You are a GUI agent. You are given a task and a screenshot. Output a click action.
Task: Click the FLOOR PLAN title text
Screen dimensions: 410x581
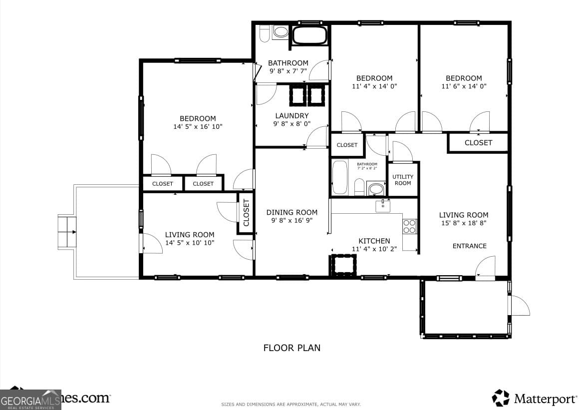click(x=291, y=348)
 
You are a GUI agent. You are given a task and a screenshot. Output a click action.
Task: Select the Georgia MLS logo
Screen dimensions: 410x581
click(x=30, y=400)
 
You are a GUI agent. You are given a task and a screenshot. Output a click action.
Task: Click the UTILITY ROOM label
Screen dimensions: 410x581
click(x=403, y=180)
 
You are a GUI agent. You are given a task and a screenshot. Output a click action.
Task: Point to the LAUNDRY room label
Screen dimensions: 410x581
click(x=291, y=116)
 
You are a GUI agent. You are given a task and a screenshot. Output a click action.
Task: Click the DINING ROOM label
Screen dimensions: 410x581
click(x=291, y=212)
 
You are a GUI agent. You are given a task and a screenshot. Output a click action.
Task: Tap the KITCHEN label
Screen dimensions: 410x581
click(x=374, y=241)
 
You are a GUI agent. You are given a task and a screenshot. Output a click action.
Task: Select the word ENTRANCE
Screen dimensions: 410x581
click(x=469, y=246)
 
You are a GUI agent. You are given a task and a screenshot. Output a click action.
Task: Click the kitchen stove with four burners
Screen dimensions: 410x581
click(x=410, y=226)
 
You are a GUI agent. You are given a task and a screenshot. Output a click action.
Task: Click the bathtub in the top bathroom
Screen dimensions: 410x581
click(x=309, y=35)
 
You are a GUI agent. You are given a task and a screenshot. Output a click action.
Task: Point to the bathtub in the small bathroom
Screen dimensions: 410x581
click(x=340, y=177)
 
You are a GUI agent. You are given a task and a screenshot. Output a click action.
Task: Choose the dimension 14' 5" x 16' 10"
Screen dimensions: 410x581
click(x=198, y=127)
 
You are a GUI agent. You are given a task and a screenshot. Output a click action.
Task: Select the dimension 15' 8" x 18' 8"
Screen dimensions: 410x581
click(x=463, y=223)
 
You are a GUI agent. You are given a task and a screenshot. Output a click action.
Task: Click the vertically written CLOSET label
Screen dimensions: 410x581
click(x=246, y=213)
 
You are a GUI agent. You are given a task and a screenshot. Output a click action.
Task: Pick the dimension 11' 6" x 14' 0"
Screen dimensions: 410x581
click(x=464, y=86)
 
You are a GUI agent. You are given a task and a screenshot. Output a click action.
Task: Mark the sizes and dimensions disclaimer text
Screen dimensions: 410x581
click(x=290, y=404)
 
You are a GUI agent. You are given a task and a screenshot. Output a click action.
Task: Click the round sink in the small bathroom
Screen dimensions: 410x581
click(x=376, y=189)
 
